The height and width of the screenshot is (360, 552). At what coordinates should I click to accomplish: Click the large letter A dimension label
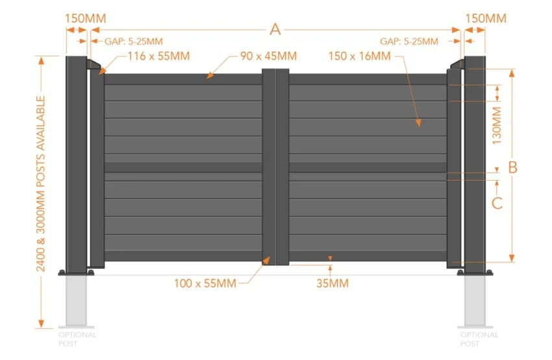pos(275,29)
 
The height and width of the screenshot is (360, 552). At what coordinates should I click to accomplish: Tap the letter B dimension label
pos(512,167)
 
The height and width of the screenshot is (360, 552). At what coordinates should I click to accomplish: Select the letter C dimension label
pos(497,203)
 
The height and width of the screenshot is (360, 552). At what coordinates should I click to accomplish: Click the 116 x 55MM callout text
pos(158,56)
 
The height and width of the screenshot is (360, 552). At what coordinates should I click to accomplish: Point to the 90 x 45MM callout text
pos(268,56)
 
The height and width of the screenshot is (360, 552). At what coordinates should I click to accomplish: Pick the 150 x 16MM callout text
pos(359,56)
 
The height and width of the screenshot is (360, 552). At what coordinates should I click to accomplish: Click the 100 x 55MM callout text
pos(205,283)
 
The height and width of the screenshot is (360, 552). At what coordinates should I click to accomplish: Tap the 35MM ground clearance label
pos(332,283)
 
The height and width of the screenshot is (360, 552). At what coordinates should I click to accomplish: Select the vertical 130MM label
pos(496,126)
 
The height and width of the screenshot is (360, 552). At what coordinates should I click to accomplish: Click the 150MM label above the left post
pos(86,18)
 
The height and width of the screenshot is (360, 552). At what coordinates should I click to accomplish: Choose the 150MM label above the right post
pos(486,18)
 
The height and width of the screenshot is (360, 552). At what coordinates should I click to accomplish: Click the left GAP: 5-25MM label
pos(134,42)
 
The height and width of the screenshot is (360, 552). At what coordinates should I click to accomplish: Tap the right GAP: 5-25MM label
pos(409,42)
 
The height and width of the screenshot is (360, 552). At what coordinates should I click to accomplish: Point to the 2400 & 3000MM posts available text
pos(41,183)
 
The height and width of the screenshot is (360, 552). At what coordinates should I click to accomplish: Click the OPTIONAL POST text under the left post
pos(77,339)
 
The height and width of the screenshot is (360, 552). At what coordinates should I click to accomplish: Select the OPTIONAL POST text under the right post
pos(479,339)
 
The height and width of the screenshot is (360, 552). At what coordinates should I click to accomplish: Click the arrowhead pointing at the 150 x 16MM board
pos(418,123)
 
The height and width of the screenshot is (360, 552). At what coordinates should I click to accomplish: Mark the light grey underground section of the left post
pos(76,300)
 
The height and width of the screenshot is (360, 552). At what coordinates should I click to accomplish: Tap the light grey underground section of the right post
pos(475,300)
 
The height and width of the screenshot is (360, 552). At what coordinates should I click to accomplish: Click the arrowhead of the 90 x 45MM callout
pos(210,75)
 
